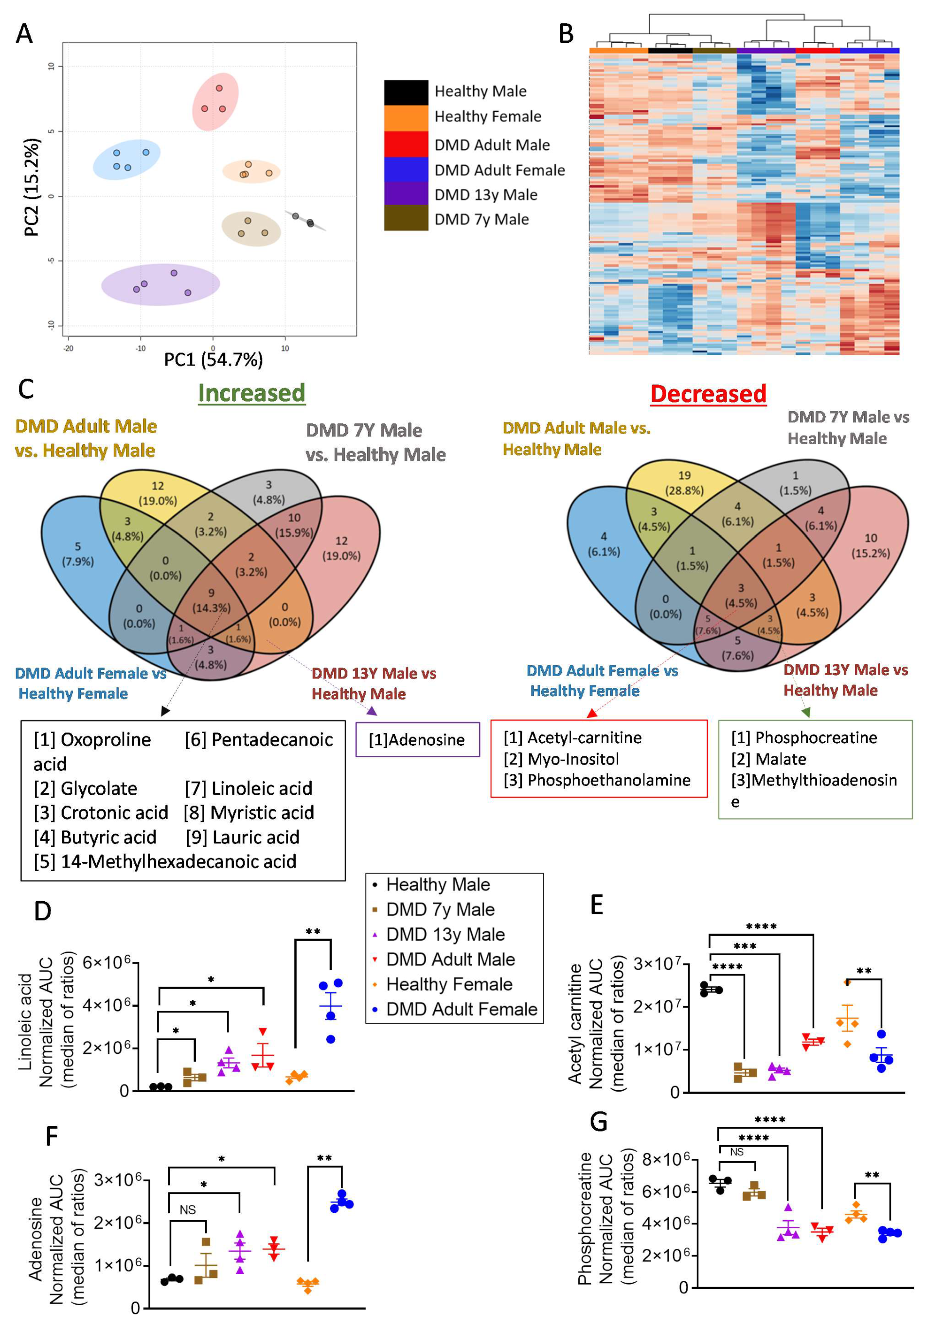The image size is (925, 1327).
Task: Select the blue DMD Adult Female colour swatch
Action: coord(406,169)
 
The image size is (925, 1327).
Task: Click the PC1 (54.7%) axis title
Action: coord(213,360)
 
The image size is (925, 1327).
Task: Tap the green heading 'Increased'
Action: coord(251,393)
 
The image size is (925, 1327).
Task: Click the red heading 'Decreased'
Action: coord(708,394)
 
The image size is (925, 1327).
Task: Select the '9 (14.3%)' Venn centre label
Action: coord(211,600)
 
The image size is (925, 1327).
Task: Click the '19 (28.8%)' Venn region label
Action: coord(684,483)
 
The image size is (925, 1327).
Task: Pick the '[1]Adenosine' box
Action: coord(417,739)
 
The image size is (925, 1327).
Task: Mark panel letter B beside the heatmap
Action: coord(566,34)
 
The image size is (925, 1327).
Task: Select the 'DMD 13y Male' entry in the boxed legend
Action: coord(445,935)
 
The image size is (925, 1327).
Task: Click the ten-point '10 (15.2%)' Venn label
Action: coord(870,545)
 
